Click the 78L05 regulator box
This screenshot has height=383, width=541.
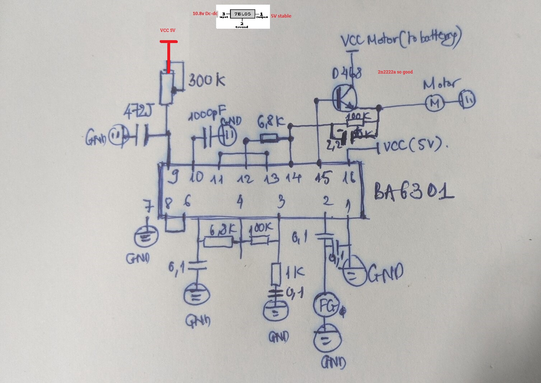pos(242,14)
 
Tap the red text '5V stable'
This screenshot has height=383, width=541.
pos(281,16)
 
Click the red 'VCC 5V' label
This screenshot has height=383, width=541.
pos(168,31)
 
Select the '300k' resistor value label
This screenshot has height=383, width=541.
pos(206,81)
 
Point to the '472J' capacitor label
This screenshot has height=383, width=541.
pos(137,112)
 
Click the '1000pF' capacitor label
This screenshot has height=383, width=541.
pos(208,114)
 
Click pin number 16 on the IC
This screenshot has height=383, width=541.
pos(349,178)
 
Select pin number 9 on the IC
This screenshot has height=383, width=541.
pos(174,177)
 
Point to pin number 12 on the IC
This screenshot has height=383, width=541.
pos(246,178)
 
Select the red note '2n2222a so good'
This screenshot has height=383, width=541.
pos(395,72)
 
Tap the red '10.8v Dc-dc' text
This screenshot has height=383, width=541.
pos(205,14)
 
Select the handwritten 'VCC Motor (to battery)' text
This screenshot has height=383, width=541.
pos(400,39)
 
